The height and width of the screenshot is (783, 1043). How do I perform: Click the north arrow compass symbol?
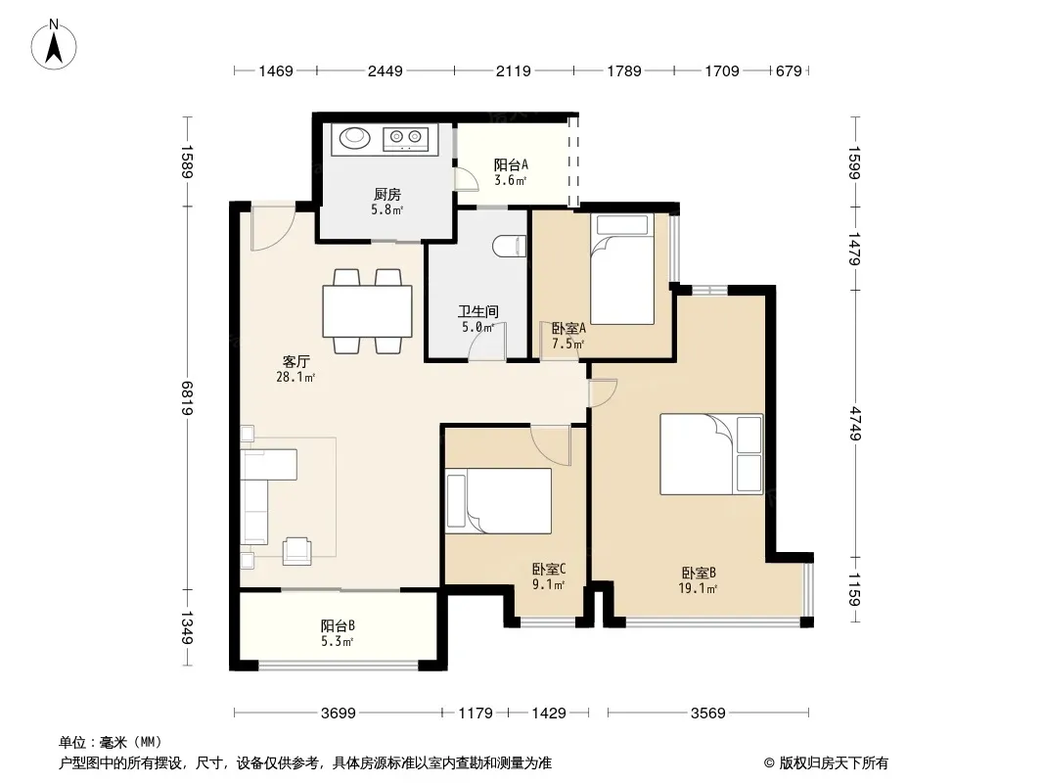point(54,45)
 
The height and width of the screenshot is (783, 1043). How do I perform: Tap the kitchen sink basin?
point(354,137)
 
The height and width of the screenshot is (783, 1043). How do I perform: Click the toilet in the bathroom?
point(509,247)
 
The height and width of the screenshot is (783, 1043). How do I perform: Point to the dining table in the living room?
point(367,310)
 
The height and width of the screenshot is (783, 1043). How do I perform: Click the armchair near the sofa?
point(297,550)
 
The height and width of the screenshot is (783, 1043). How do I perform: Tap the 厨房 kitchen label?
point(387,194)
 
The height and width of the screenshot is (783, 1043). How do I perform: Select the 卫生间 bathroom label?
point(478,311)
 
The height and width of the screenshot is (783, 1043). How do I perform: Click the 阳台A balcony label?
point(511,164)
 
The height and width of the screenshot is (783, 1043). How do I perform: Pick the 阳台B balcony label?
point(338,625)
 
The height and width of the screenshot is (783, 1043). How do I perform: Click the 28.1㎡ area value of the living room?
point(295,377)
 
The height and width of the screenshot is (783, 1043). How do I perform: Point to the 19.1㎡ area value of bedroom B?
point(698,588)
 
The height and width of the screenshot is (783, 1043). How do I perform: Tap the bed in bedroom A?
point(622,269)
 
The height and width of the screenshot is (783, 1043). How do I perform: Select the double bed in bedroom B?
point(711,454)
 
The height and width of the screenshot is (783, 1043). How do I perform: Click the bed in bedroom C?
point(498,501)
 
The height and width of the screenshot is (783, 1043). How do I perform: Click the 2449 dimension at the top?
point(385,70)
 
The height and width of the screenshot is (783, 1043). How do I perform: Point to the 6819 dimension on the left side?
point(187,397)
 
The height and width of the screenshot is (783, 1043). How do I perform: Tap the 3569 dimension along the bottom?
point(707,714)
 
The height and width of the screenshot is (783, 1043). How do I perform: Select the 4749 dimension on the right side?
point(855,423)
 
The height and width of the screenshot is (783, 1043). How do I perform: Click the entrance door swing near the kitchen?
point(272,227)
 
